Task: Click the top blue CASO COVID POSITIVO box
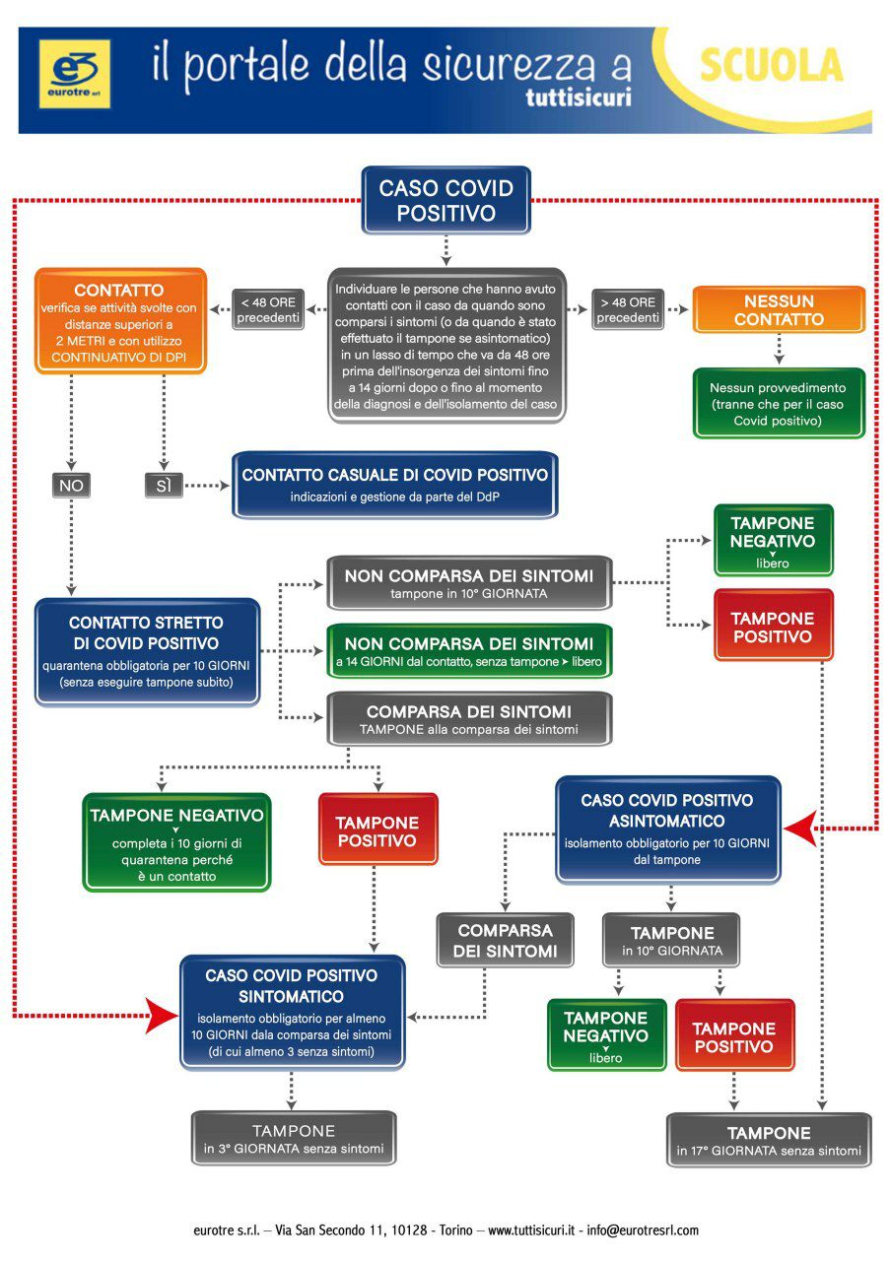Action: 446,199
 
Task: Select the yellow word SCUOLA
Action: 771,66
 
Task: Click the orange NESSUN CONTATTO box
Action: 779,310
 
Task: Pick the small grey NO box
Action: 71,486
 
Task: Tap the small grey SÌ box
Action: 163,486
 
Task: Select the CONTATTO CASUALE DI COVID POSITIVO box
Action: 395,484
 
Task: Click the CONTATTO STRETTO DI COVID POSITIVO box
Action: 148,651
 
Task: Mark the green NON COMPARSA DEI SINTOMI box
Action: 469,651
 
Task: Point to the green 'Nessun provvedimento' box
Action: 778,403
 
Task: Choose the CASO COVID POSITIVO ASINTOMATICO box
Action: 667,829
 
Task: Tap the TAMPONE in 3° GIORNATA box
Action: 294,1139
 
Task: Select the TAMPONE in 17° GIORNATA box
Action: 769,1141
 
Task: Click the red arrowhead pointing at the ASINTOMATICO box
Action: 800,829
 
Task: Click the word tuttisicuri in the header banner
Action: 578,98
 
